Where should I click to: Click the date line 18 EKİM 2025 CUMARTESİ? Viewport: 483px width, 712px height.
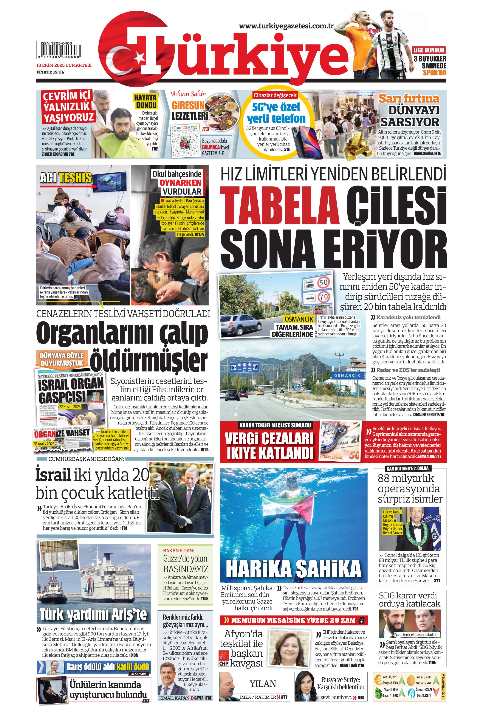point(64,65)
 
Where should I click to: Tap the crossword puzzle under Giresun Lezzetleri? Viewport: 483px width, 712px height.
point(185,141)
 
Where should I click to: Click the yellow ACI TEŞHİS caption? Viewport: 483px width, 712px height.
point(66,177)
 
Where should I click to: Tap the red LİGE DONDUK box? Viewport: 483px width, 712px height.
point(429,50)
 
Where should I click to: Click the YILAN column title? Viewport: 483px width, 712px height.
point(262,684)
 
